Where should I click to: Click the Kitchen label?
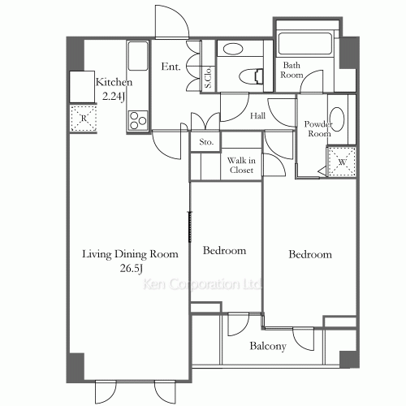(114, 82)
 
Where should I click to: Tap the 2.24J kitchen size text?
(114, 97)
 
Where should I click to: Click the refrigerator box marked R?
(84, 119)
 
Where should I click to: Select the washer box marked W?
(342, 162)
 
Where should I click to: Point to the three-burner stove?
(138, 121)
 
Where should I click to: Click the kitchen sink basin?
(138, 55)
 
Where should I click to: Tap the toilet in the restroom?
(251, 76)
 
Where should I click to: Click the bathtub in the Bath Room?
(305, 44)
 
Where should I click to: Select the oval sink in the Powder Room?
(337, 119)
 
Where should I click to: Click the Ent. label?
(171, 67)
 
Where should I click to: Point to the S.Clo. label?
(209, 77)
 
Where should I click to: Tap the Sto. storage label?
(206, 142)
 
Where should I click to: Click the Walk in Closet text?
(241, 165)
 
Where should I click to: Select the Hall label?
(257, 116)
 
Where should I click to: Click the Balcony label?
(268, 346)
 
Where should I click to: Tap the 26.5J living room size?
(132, 269)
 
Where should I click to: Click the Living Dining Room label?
(130, 254)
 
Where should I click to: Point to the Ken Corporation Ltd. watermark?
(202, 284)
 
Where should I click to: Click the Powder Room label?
(318, 129)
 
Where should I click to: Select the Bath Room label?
(292, 70)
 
